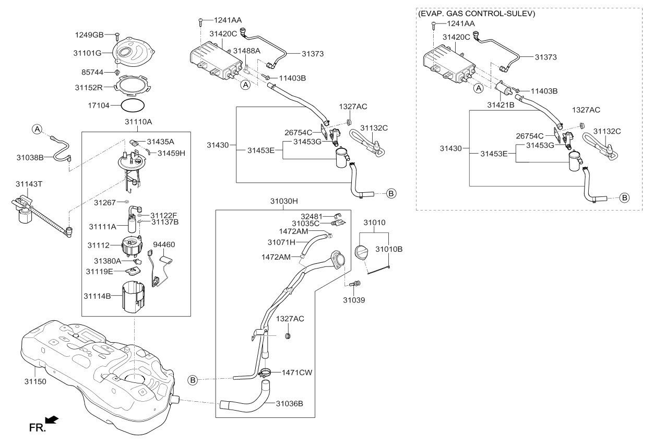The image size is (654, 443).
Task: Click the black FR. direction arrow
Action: [x=52, y=420]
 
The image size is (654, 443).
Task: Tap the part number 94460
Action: [x=164, y=244]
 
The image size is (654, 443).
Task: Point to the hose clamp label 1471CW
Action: [x=298, y=372]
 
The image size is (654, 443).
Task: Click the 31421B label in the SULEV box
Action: [x=501, y=105]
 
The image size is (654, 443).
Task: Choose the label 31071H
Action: [x=282, y=242]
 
